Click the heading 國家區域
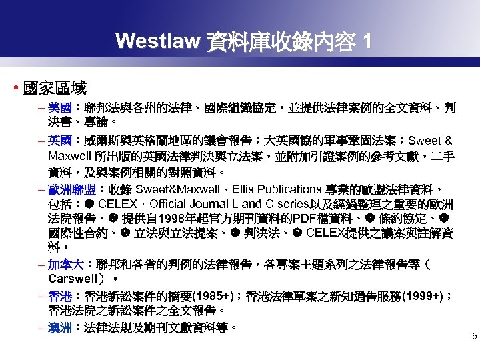coord(55,87)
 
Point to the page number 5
coord(474,337)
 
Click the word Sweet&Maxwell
coord(174,189)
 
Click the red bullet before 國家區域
coord(15,87)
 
